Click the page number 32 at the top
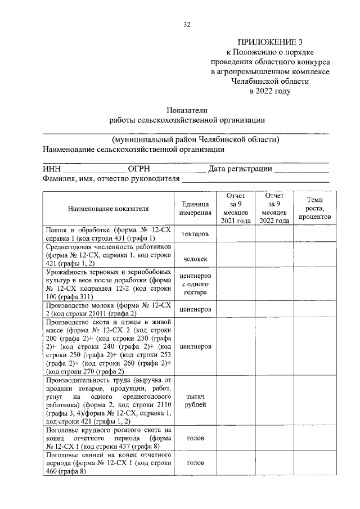coord(187,24)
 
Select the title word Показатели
coord(187,110)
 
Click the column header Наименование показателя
coord(109,208)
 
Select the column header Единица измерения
coord(196,208)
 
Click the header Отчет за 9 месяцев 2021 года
coord(235,208)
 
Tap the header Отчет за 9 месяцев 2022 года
coord(274,208)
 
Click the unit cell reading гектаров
coord(196,233)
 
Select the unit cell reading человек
coord(196,259)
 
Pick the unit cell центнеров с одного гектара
coord(196,285)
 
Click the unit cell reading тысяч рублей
coord(196,400)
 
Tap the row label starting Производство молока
coord(109,309)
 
